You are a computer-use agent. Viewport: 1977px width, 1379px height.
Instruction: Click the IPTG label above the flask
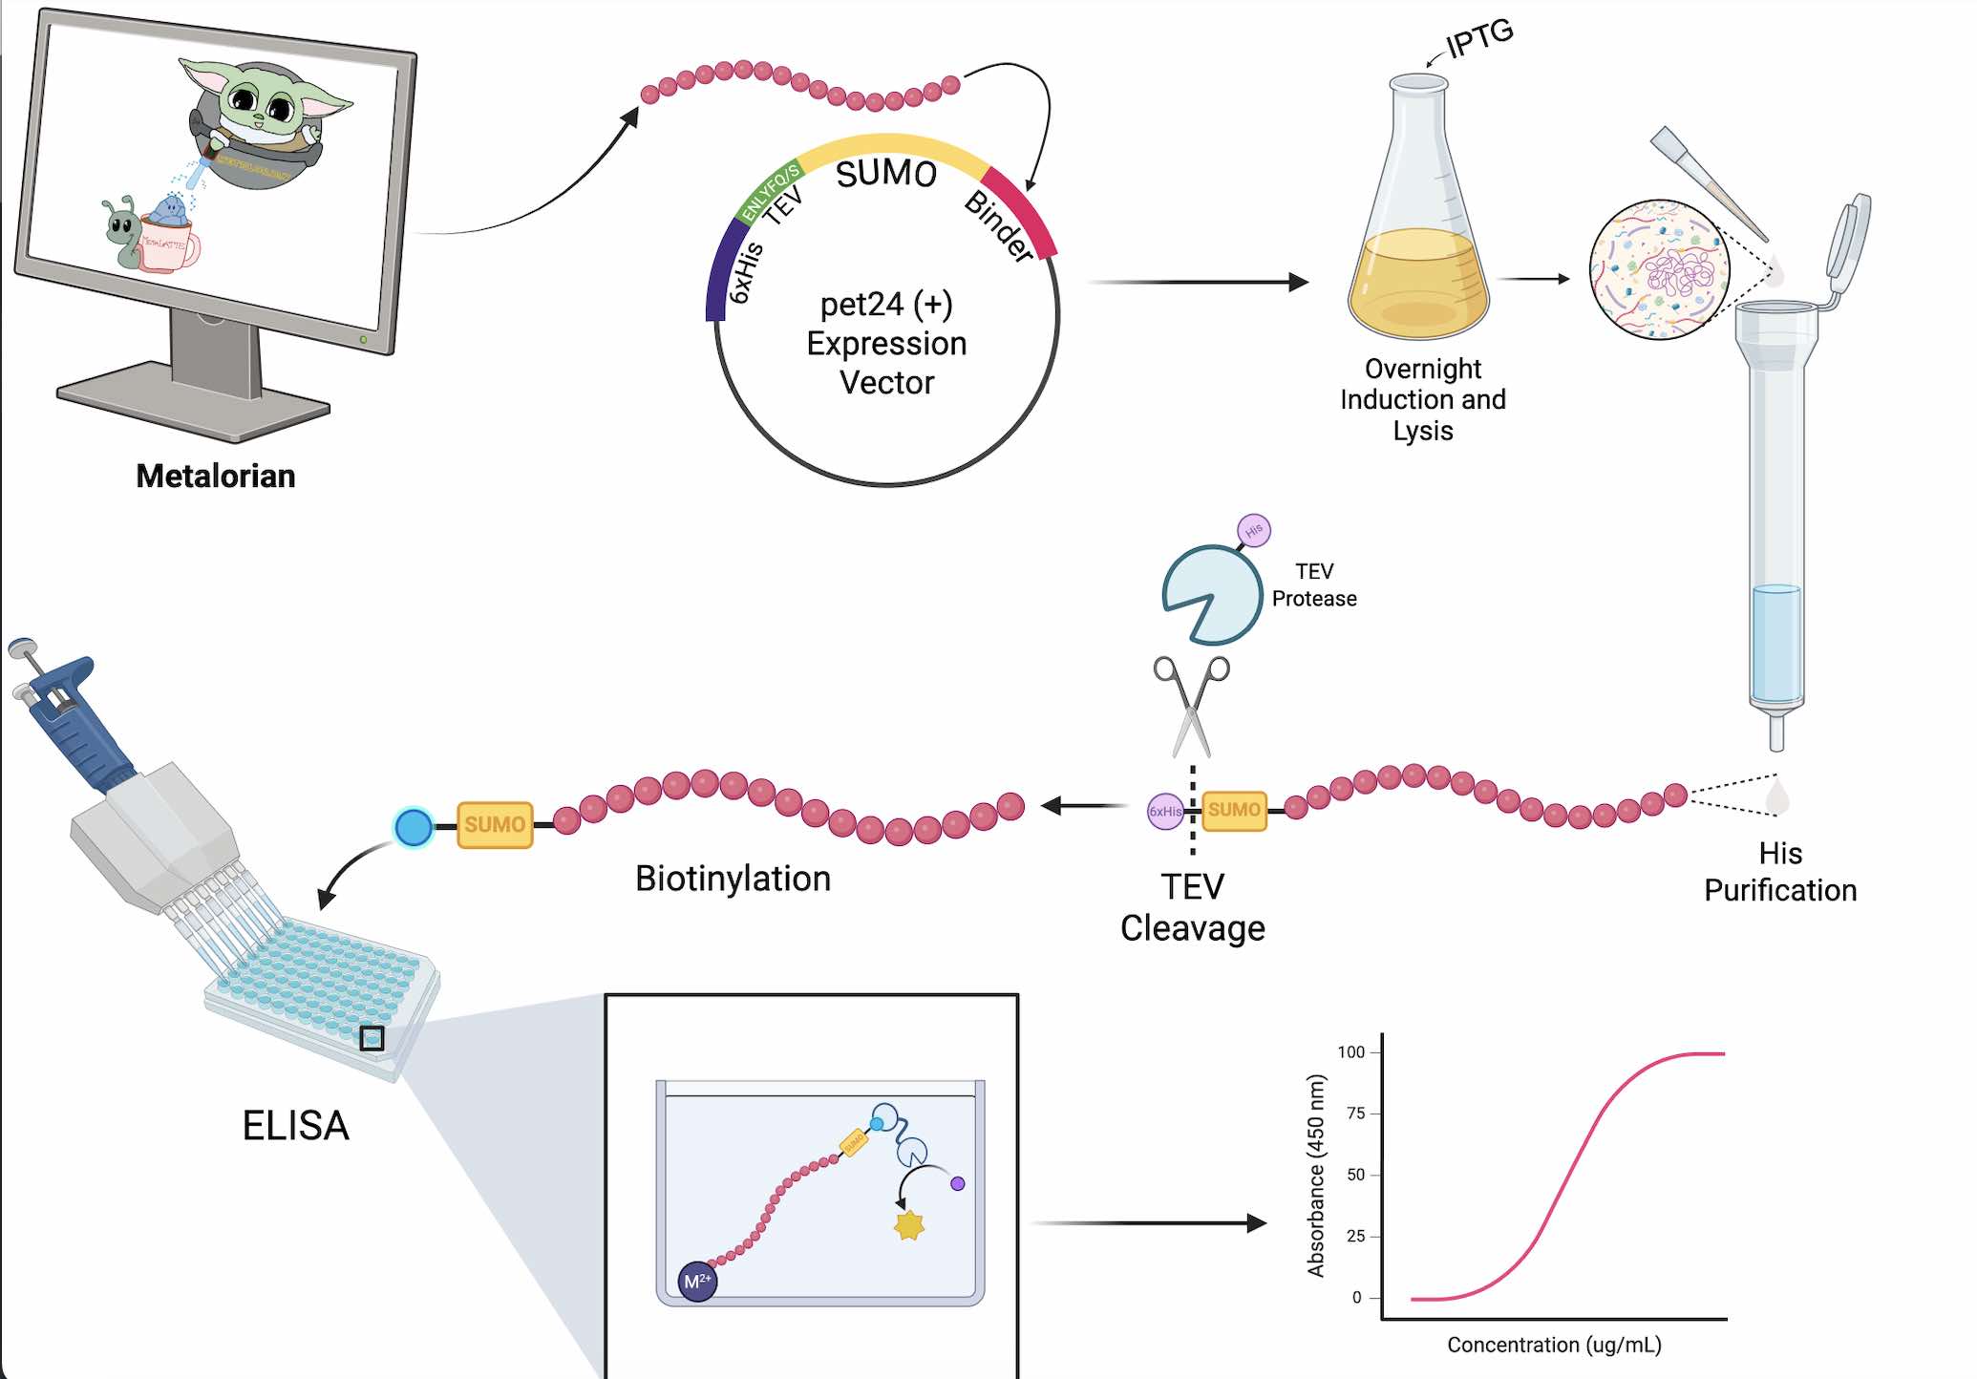1479,38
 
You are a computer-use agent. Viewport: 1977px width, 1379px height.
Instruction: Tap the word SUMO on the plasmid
885,174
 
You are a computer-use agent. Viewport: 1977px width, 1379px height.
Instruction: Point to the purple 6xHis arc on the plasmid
723,267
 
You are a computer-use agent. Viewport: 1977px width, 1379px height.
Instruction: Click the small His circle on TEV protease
1253,530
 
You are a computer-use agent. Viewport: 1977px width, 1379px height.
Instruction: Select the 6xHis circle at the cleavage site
1165,812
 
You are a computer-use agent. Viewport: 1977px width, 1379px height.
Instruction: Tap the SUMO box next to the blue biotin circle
495,825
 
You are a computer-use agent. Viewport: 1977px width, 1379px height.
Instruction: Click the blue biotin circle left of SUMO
414,827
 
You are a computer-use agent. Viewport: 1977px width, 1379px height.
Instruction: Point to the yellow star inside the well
909,1225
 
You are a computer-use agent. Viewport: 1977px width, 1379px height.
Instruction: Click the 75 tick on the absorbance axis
1355,1114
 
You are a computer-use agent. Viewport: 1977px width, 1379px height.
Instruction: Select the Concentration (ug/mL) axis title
1554,1345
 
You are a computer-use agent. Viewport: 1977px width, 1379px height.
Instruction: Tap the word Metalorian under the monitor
216,476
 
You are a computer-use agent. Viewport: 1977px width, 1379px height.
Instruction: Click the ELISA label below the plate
295,1126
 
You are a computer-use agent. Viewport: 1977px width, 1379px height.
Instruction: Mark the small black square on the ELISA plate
372,1038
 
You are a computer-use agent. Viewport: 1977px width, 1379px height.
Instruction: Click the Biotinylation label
733,879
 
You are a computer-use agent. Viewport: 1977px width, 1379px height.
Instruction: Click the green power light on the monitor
363,339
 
